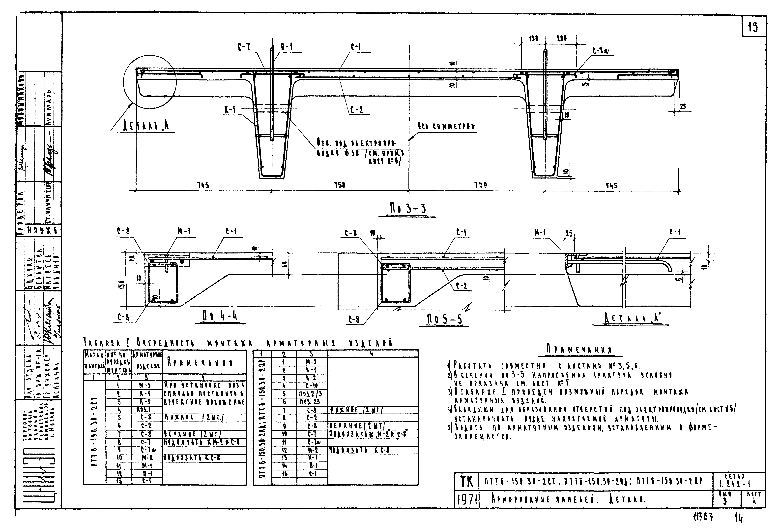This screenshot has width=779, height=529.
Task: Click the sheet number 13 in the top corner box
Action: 753,27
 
